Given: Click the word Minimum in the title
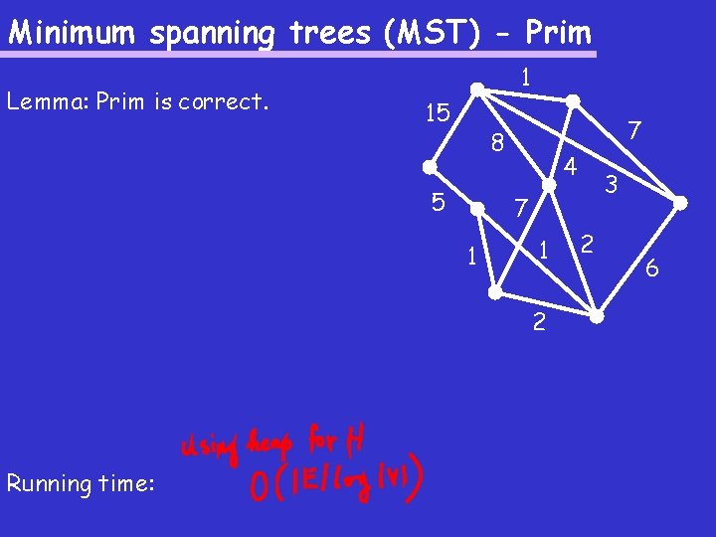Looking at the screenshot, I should click(75, 33).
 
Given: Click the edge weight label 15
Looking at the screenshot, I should click(435, 113).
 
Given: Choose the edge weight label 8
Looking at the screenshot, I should click(498, 144).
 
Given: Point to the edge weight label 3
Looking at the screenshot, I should click(612, 184).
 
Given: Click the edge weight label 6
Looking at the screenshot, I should click(651, 268).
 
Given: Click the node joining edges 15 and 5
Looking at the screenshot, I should click(429, 167).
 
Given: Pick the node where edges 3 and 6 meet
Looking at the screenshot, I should click(680, 203).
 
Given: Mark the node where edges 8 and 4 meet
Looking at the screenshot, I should click(548, 185).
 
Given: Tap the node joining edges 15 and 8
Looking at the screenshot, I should click(477, 89).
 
